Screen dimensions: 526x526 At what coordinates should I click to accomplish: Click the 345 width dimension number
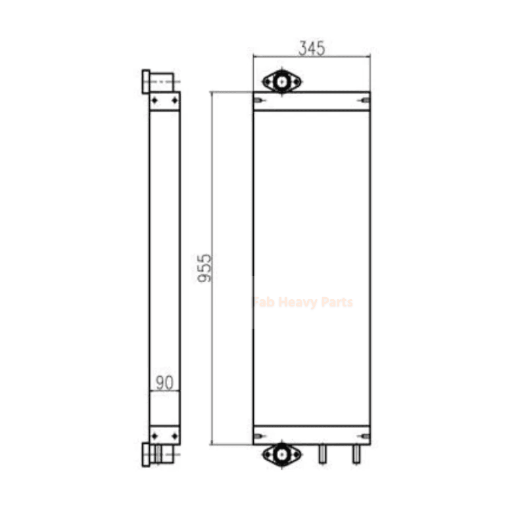point(312,48)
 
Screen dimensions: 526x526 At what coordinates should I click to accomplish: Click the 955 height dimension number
point(204,268)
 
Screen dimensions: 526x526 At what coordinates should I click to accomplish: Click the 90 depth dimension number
point(164,383)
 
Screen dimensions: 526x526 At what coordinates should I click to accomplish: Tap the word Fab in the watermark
point(265,302)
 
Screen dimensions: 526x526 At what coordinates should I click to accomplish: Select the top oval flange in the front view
point(282,81)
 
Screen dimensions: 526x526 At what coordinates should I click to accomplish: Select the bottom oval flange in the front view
point(282,454)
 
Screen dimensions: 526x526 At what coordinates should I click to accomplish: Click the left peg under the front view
point(322,454)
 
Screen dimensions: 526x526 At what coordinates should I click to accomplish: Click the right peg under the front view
point(356,454)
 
